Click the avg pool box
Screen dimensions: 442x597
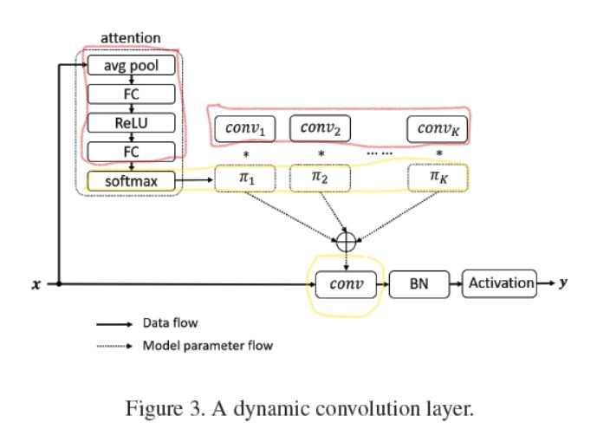[132, 66]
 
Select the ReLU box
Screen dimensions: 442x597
[132, 123]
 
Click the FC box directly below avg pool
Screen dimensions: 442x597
[132, 94]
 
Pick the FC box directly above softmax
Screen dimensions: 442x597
[132, 152]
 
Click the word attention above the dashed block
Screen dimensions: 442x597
[131, 38]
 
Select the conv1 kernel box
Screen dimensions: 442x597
[245, 129]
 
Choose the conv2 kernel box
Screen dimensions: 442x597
[320, 128]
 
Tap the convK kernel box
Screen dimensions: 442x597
[438, 129]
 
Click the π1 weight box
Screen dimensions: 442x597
[245, 179]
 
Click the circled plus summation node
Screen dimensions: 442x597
[346, 240]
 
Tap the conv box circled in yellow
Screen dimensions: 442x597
[346, 283]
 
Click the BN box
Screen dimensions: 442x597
[420, 283]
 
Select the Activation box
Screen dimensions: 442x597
[500, 283]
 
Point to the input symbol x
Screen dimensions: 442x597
[36, 283]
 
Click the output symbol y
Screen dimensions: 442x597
[563, 283]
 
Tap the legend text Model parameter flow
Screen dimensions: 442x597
[207, 346]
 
